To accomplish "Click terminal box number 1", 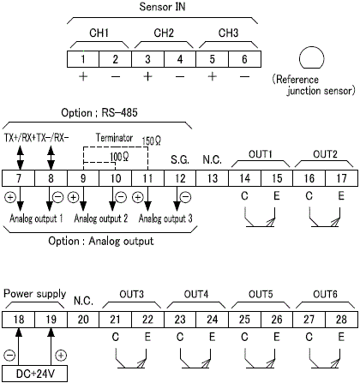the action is pos(83,59).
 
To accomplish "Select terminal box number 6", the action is pos(244,59).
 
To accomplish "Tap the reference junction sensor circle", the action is pos(312,57).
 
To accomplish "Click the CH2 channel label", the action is pos(164,33).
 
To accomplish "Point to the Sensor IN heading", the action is pos(162,7).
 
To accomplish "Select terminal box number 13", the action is pos(213,178).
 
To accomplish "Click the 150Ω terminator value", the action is pos(152,141).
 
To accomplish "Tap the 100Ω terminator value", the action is pos(119,157).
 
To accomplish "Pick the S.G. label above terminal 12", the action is pos(180,160).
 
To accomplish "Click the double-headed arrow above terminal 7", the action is pos(20,158).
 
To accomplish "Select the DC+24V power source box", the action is pos(35,374).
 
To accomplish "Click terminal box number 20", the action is pos(83,320).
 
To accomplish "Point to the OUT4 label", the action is pos(196,294).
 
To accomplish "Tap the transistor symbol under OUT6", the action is pos(325,358).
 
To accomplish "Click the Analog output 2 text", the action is pos(101,218).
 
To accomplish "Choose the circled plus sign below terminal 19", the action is pos(61,356).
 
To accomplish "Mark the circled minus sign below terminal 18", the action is pos(9,356).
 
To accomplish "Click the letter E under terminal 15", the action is pos(277,196).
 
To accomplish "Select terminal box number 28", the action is pos(342,320).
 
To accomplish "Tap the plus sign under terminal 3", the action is pos(147,76).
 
